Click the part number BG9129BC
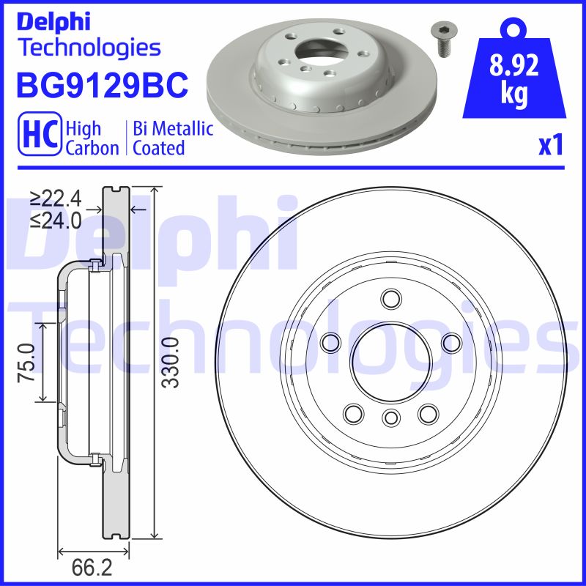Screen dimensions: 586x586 click(102, 86)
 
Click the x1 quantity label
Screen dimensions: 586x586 click(550, 146)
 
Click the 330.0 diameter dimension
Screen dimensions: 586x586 click(170, 363)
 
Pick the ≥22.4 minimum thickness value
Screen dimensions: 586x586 click(56, 198)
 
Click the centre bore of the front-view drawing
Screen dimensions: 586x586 click(390, 359)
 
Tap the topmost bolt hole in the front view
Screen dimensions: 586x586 click(390, 298)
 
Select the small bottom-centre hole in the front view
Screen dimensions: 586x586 click(390, 418)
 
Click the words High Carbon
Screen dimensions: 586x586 click(92, 138)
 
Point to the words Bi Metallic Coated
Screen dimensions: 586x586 click(173, 138)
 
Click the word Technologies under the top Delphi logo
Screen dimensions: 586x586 click(88, 48)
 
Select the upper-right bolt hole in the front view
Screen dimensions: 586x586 click(451, 341)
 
